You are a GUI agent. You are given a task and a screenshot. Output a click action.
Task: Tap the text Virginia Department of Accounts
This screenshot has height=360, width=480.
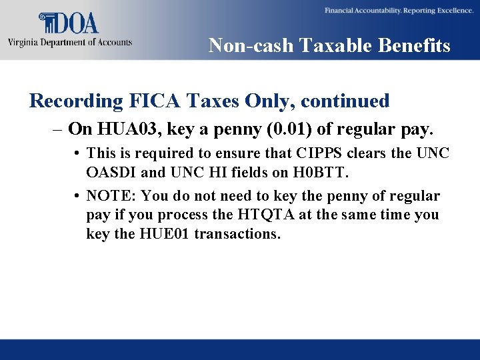tap(70, 43)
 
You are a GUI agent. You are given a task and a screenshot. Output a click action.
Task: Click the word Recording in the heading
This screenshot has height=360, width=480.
tap(76, 101)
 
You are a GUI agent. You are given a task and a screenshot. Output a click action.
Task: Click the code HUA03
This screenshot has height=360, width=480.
tap(119, 129)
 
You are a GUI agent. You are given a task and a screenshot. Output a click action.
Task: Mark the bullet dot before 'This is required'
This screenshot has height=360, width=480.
tap(79, 154)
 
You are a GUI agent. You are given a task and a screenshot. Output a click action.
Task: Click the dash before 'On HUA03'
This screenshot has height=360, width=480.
tap(59, 129)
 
